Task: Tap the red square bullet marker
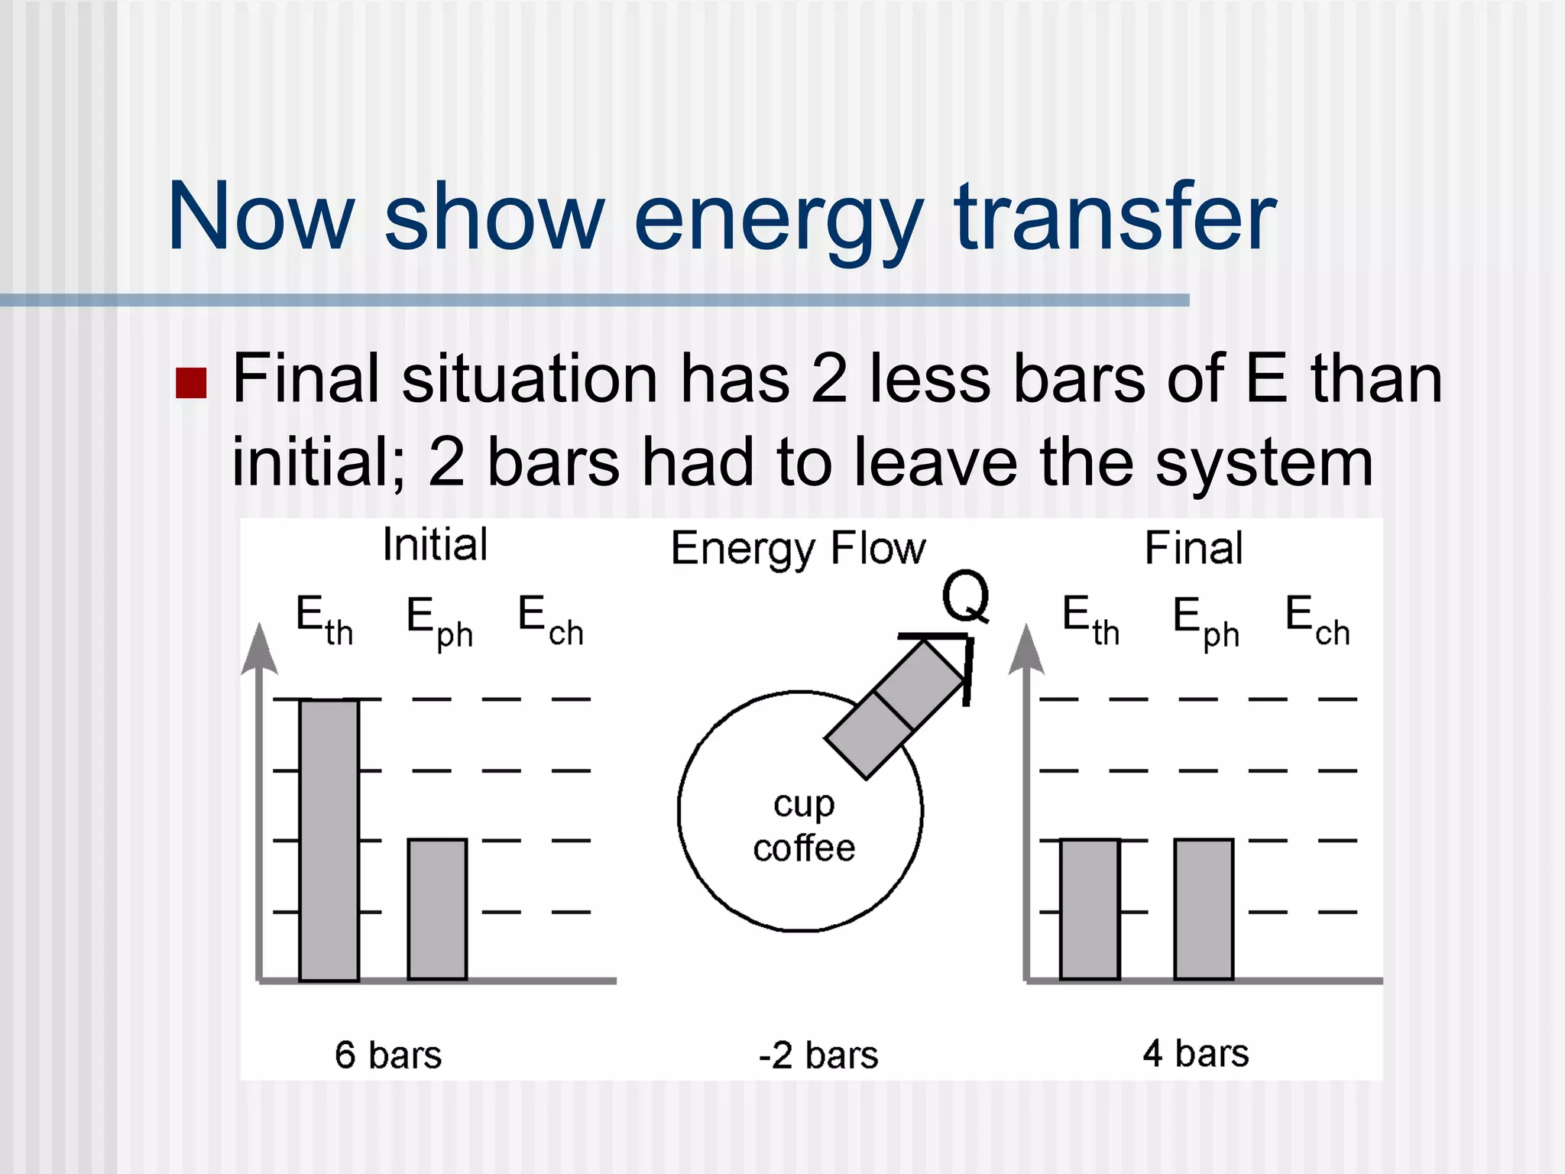191,384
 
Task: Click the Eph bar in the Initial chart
437,909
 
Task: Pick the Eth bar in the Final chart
1090,909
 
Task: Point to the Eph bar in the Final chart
1204,909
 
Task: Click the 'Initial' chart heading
435,545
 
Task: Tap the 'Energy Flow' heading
798,549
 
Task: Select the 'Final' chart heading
1194,548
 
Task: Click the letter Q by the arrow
965,597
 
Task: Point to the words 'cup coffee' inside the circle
804,826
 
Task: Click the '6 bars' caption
388,1055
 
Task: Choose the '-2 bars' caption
818,1056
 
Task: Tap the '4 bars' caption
1196,1053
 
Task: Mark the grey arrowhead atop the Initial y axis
259,650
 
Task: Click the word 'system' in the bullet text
1264,463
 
